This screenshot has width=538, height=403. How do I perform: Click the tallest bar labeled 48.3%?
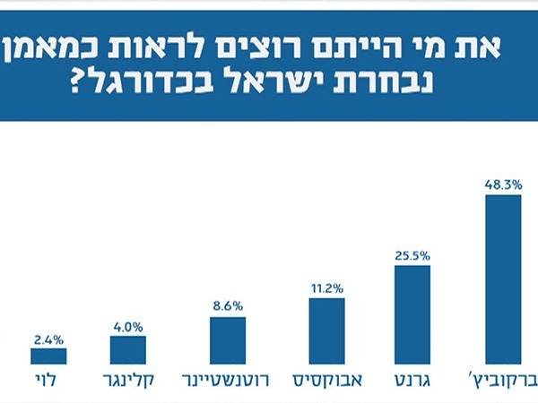coord(502,279)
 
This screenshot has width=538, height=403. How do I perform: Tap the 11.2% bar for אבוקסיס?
coord(326,331)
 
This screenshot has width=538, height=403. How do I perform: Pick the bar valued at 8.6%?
coord(228,340)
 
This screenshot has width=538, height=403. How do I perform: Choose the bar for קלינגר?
coord(128,350)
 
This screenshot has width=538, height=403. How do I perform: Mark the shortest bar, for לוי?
coord(48,356)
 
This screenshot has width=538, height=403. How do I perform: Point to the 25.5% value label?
coord(412,255)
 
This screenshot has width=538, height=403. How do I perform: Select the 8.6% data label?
coord(228,305)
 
